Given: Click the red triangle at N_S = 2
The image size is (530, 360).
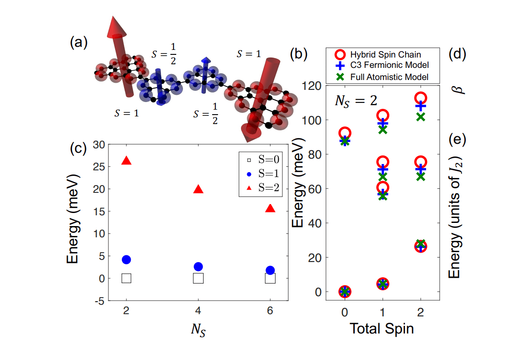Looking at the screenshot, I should [126, 161].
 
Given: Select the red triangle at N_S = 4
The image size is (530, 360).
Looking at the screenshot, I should [198, 189].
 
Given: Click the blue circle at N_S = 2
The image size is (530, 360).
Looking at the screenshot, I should [126, 260].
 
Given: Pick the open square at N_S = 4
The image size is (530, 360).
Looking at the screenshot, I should [198, 278].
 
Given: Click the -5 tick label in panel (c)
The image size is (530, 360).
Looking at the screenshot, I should [98, 301].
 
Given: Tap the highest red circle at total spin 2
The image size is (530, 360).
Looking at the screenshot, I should [420, 98].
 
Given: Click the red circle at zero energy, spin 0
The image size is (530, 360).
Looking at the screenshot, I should [345, 292].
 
